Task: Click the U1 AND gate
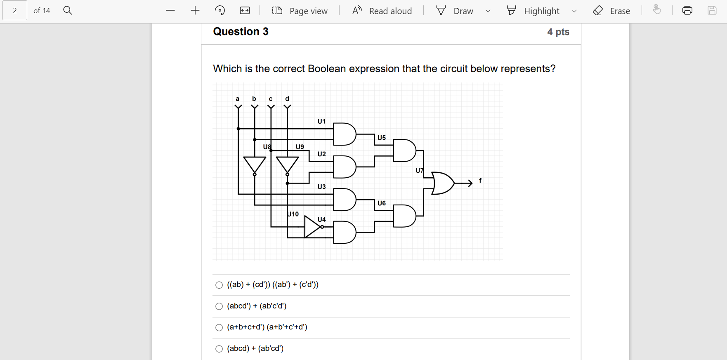coord(344,134)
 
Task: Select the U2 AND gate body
coord(344,167)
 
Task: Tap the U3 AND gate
coord(344,200)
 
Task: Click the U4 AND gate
coord(344,232)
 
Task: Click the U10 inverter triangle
coord(312,227)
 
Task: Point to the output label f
coord(480,181)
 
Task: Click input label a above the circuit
coord(238,99)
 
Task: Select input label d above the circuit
coord(287,99)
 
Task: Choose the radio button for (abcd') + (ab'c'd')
coord(219,306)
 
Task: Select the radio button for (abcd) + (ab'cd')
coord(219,349)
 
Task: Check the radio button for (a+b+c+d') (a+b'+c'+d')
coord(219,327)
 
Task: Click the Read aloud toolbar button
coord(382,11)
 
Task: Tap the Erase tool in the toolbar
coord(611,11)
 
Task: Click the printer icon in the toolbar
coord(687,11)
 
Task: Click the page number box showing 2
coord(15,11)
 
